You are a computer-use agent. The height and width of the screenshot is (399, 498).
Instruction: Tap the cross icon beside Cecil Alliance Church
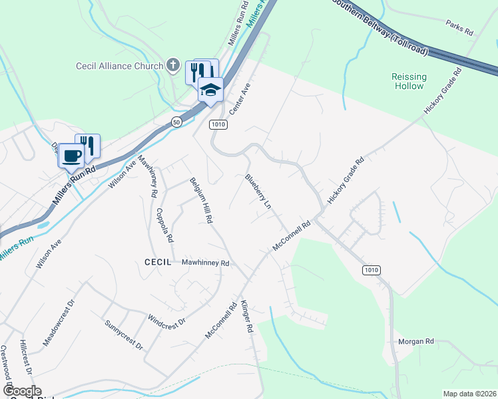click(x=173, y=65)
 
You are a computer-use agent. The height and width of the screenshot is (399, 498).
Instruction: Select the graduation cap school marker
click(x=210, y=90)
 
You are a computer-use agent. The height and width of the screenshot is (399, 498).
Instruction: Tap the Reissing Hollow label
click(x=408, y=81)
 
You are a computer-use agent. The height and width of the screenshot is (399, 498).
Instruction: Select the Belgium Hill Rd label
click(x=200, y=199)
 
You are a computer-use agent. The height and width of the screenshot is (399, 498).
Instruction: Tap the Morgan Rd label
click(x=415, y=341)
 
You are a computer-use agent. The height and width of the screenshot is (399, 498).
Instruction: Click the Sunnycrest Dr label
click(x=124, y=334)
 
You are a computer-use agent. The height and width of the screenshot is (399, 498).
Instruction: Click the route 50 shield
click(x=176, y=122)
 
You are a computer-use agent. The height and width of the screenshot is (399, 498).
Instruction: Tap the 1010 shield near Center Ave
click(x=218, y=124)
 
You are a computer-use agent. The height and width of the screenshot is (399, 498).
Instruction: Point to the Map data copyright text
click(x=469, y=394)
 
